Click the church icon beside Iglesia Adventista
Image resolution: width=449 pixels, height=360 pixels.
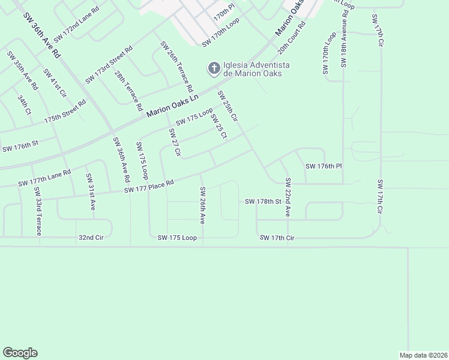(x=213, y=69)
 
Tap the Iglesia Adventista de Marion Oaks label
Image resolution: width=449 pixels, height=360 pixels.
(x=256, y=69)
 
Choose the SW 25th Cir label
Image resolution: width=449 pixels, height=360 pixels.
(x=228, y=107)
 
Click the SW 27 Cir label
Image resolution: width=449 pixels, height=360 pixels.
(x=175, y=142)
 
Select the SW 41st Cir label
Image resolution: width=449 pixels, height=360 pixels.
(x=55, y=83)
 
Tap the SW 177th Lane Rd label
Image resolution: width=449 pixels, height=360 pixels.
(x=44, y=178)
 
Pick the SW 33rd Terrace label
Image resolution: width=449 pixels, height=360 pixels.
(x=38, y=211)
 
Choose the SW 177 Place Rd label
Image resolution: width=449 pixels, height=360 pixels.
(x=149, y=187)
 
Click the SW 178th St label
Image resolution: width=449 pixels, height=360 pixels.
(x=263, y=202)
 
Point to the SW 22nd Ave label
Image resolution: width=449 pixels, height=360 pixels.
(x=288, y=196)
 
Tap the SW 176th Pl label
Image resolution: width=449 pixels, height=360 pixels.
(x=323, y=166)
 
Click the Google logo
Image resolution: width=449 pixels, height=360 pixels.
(x=20, y=352)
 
